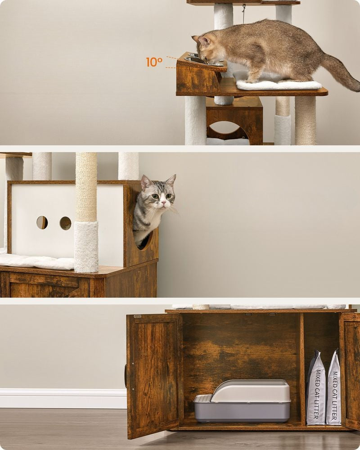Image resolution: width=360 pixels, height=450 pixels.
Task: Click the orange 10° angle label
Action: pyautogui.click(x=154, y=62)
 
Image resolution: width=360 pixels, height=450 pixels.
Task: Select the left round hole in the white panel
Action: pyautogui.click(x=42, y=222)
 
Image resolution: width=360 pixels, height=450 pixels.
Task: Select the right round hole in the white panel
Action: pyautogui.click(x=65, y=223)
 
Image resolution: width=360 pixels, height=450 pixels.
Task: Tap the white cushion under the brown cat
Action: pyautogui.click(x=279, y=85)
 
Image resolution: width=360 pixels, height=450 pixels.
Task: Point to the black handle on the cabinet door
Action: pyautogui.click(x=126, y=376)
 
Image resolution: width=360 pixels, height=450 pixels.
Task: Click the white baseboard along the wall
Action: pyautogui.click(x=63, y=398)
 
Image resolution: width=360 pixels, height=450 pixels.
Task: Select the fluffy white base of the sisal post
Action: pyautogui.click(x=86, y=247)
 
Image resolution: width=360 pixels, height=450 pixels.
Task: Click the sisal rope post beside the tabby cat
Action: pyautogui.click(x=86, y=187)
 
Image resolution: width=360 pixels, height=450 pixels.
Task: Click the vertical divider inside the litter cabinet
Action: pyautogui.click(x=302, y=369)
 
